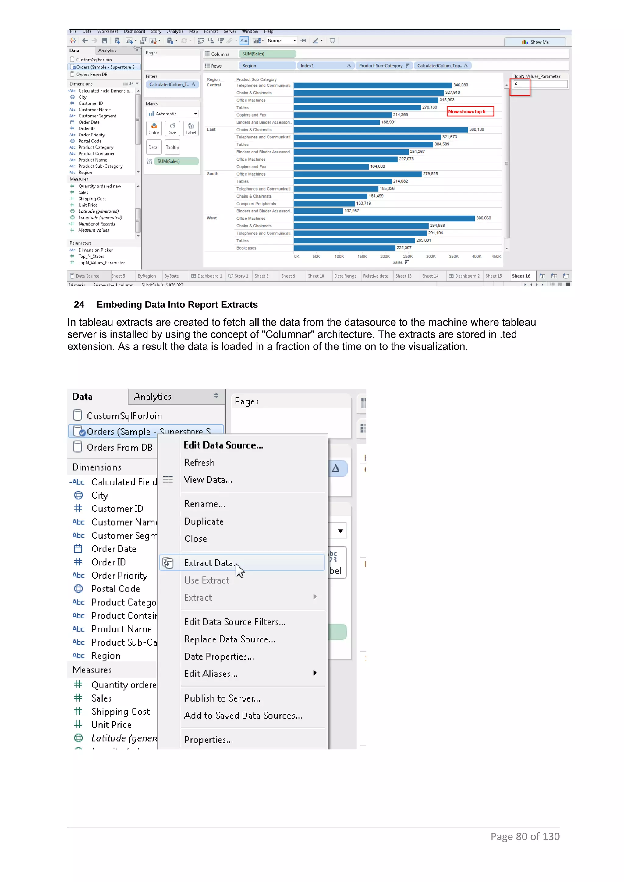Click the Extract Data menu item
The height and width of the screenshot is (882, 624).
209,563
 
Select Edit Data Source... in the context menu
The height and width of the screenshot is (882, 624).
223,445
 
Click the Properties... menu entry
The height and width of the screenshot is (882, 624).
208,740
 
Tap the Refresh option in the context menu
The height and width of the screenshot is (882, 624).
199,463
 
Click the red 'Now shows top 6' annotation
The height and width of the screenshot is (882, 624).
470,111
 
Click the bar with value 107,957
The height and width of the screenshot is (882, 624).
318,211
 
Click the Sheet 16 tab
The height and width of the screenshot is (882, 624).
521,276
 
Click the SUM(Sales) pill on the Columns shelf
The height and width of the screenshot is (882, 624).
267,54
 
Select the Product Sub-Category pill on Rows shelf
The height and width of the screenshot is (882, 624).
383,66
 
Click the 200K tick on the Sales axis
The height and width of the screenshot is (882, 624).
385,256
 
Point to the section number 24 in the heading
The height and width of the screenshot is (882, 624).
79,305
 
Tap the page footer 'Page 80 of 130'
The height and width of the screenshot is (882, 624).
525,837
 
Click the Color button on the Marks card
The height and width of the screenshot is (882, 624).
154,128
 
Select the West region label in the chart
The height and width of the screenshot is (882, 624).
211,218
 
